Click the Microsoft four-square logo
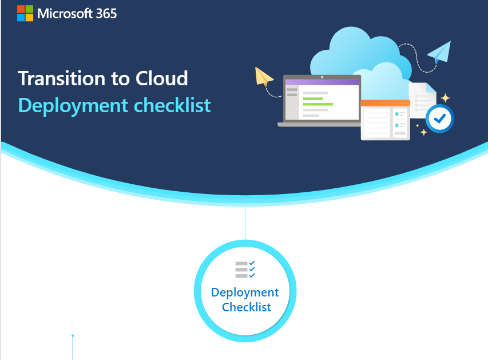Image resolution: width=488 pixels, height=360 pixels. click(25, 13)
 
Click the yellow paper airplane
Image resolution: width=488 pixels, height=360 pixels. click(264, 77)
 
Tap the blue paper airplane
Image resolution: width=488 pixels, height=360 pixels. click(441, 52)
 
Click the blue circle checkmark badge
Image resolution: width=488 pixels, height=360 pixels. click(440, 118)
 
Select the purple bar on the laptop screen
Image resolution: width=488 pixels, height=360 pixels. click(322, 82)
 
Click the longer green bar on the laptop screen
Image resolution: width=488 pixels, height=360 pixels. click(318, 104)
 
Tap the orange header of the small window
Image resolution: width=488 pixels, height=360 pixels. click(385, 103)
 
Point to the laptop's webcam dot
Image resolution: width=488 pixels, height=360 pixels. click(322, 76)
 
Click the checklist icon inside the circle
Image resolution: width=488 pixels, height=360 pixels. click(245, 270)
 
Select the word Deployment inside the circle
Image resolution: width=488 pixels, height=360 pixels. click(245, 292)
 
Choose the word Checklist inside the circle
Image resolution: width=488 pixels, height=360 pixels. click(246, 307)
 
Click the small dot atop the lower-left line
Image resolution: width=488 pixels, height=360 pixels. click(73, 335)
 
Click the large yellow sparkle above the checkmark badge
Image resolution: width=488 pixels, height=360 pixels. click(445, 98)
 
